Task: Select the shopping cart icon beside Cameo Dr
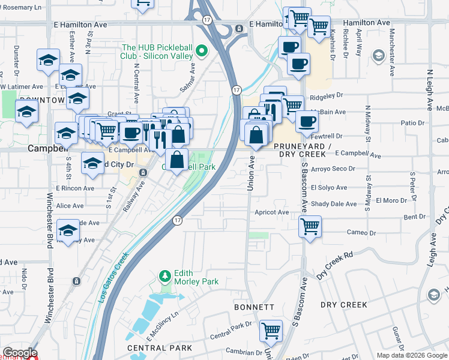[310, 227]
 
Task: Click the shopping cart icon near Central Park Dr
[271, 329]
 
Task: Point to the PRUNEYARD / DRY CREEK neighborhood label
[302, 151]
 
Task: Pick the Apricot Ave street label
[271, 212]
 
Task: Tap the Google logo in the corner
[20, 353]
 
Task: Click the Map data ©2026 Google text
[411, 355]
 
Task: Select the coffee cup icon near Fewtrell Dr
[307, 122]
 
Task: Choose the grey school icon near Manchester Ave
[378, 56]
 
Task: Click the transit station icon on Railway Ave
[143, 173]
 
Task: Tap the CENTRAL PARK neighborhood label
[160, 348]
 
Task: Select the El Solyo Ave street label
[330, 188]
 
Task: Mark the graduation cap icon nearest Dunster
[48, 60]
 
